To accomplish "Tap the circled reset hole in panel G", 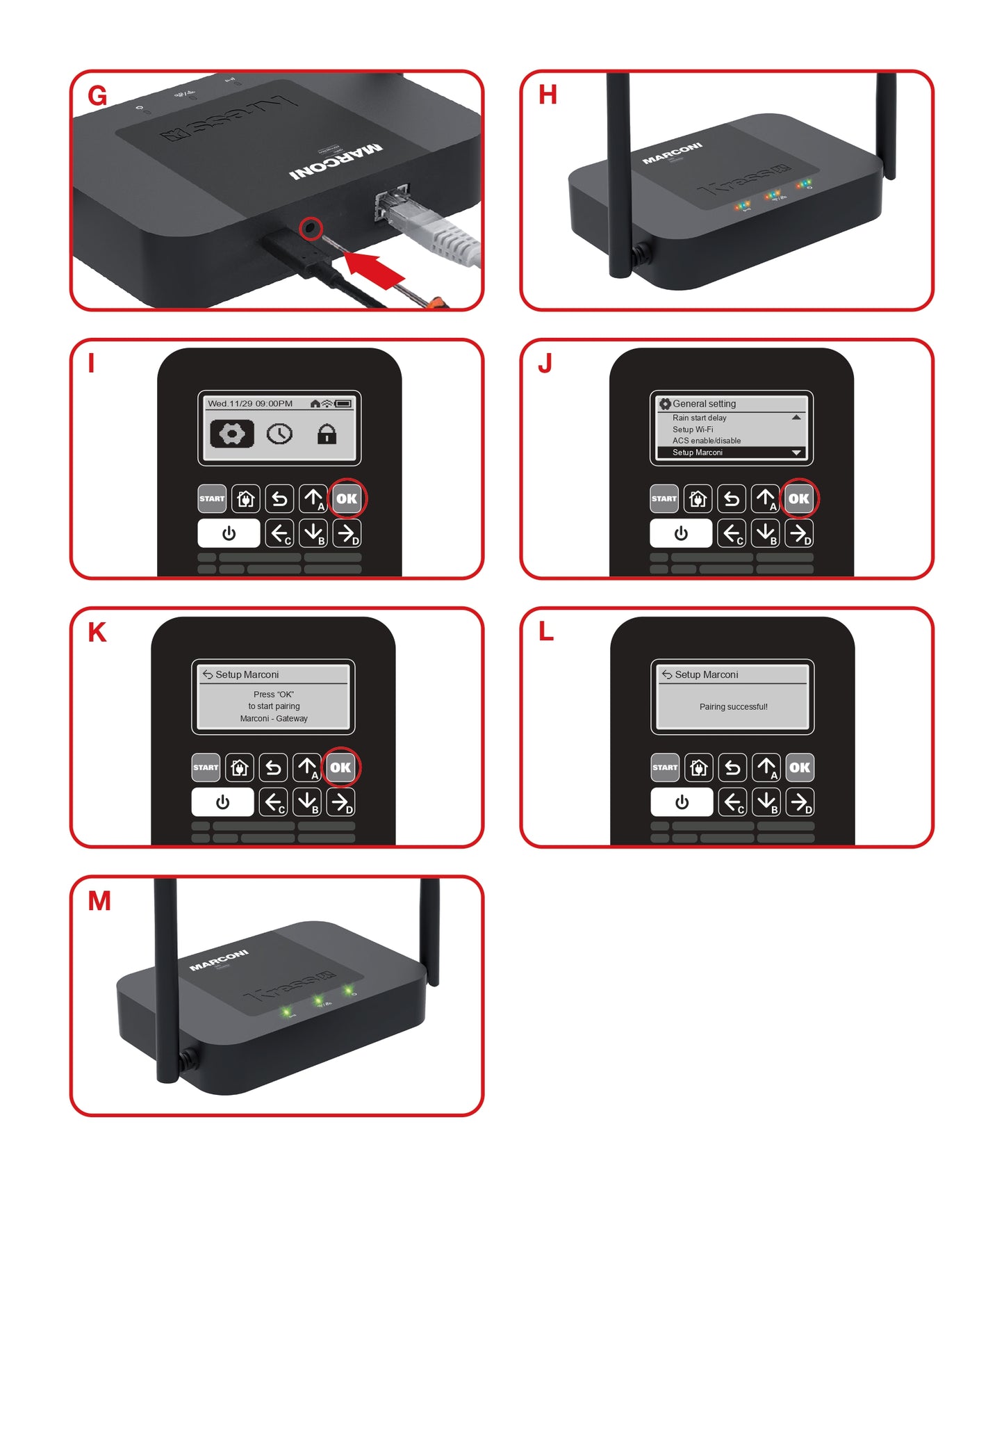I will [311, 228].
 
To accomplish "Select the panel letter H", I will [548, 95].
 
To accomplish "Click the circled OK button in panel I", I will [347, 498].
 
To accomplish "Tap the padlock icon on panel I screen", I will [327, 434].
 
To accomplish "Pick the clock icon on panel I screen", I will [279, 434].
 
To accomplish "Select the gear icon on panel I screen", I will [231, 434].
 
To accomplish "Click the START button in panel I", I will [212, 498].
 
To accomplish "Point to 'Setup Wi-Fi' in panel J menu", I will [693, 430].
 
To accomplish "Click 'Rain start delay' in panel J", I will [699, 418].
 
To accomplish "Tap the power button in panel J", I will [680, 533].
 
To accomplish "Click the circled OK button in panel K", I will [340, 767].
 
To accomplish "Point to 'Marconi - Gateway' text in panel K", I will [274, 719].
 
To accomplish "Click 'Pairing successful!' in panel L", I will [733, 707].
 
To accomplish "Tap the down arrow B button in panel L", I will [766, 802].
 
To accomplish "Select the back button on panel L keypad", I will [732, 767].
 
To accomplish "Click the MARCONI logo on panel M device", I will [219, 959].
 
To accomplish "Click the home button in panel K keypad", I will [240, 767].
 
